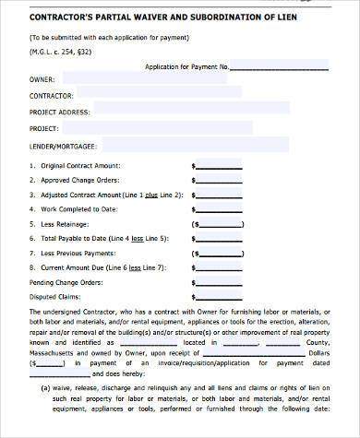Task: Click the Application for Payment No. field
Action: click(x=287, y=65)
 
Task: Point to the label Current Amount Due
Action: click(x=75, y=267)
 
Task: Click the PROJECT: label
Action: click(x=44, y=129)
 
